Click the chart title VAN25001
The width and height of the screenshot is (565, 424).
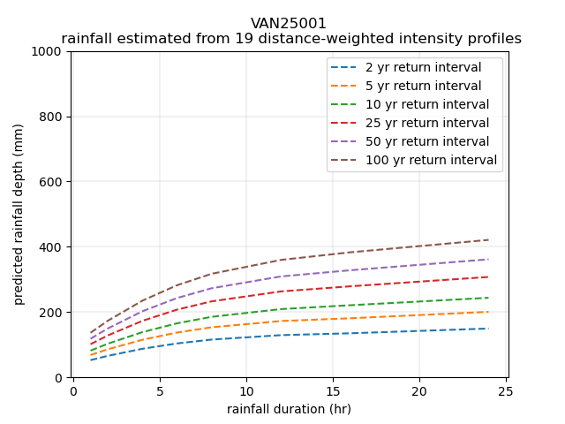pos(290,24)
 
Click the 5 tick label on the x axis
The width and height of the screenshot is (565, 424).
pos(160,391)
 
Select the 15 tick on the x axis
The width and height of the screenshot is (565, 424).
pos(333,391)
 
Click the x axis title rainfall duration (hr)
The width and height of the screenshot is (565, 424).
pos(289,409)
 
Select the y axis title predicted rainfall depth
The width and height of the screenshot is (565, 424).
pos(19,214)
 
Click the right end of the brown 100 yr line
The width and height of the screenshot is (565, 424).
pos(488,239)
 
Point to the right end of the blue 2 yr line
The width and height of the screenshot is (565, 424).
pos(488,329)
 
